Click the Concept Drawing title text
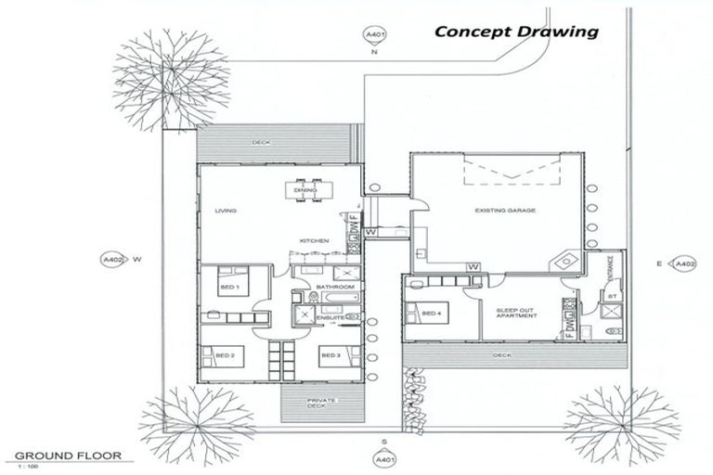click(517, 31)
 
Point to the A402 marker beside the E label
click(684, 264)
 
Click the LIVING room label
click(226, 211)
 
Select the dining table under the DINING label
click(305, 189)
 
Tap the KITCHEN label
click(313, 241)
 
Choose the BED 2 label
click(224, 355)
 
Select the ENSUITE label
click(331, 318)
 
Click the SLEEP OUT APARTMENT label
click(517, 312)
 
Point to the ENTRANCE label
click(609, 269)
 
